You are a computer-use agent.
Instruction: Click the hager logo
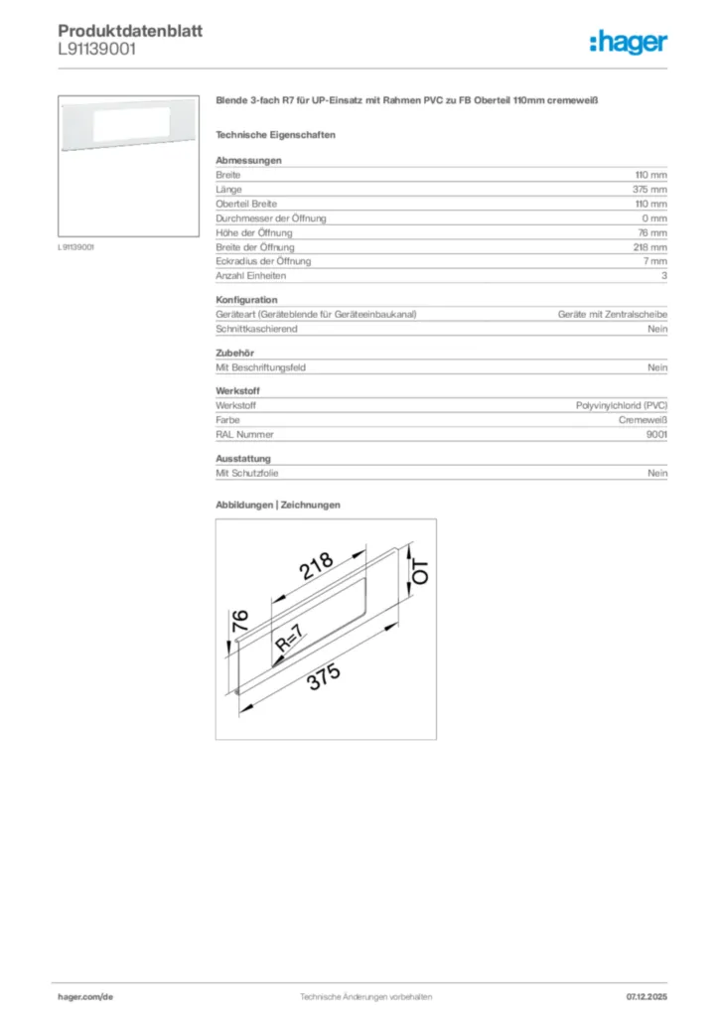coord(628,43)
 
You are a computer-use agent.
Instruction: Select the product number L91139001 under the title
coord(97,49)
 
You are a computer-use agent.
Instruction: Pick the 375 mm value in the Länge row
coord(649,189)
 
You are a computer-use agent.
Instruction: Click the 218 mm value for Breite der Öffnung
coord(649,246)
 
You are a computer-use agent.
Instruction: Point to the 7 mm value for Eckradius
coord(653,261)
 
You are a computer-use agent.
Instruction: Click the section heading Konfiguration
coord(246,299)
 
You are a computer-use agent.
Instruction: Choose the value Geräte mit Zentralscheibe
coord(612,314)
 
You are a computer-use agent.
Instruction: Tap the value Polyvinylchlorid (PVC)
coord(622,405)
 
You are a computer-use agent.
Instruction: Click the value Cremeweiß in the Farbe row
coord(643,420)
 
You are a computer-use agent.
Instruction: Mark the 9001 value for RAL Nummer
coord(656,434)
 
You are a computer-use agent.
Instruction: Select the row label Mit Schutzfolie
coord(247,474)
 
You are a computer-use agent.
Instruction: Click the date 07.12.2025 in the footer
coord(647,996)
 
